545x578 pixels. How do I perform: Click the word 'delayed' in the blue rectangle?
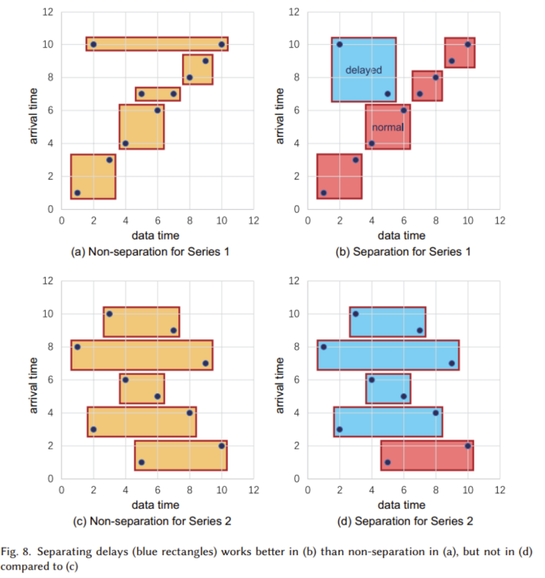coord(363,70)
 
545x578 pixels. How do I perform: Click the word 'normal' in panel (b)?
coord(388,127)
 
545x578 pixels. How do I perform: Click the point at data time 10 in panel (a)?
coord(222,44)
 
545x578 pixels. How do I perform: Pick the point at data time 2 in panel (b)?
coord(340,44)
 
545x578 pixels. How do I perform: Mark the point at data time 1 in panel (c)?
coord(77,347)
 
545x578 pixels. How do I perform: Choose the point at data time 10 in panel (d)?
coord(468,445)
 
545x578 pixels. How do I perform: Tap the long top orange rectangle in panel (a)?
coord(157,44)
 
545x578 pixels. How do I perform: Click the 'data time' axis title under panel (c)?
coord(155,505)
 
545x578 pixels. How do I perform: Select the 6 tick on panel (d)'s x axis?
coord(404,490)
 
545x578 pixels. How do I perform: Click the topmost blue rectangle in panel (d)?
coord(388,322)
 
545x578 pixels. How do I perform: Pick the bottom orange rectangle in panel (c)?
coord(181,456)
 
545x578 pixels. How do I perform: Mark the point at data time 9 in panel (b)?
coord(452,61)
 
